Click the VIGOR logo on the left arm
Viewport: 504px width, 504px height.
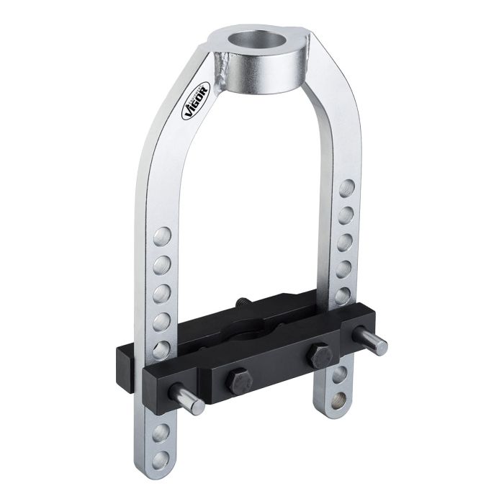(x=196, y=101)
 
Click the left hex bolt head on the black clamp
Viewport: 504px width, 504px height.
(x=238, y=384)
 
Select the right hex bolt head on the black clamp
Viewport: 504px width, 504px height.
(x=320, y=356)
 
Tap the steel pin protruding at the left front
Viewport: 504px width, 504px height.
(x=186, y=399)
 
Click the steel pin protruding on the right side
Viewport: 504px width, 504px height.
(x=369, y=341)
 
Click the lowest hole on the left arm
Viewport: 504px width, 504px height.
(x=161, y=460)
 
